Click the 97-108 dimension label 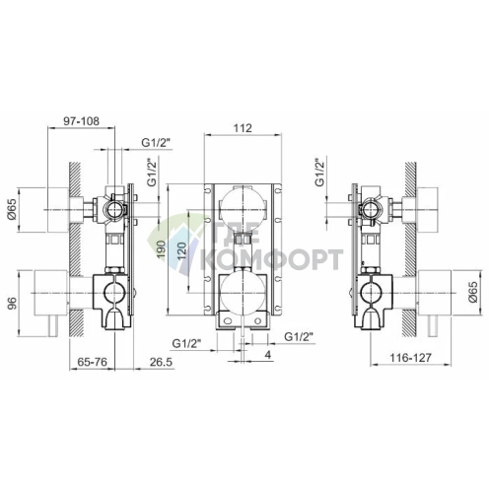81,121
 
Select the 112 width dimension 243,128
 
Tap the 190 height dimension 161,249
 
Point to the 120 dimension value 182,250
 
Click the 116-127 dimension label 410,358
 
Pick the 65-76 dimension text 93,362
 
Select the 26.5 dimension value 161,362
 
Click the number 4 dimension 268,355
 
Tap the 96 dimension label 12,304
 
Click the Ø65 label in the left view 12,210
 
